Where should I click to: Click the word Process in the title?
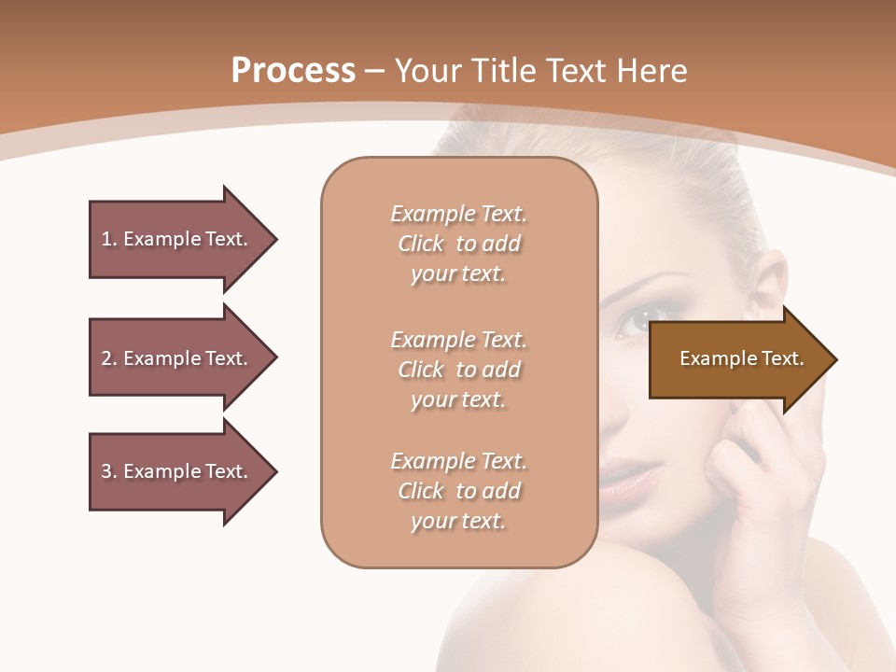click(293, 71)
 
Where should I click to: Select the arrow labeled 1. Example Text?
click(175, 239)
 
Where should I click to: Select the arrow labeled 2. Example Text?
click(175, 358)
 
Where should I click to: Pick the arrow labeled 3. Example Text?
click(175, 471)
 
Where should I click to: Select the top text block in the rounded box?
click(458, 244)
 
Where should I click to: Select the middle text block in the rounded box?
click(458, 369)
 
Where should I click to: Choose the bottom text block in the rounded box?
click(458, 491)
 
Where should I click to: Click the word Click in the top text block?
click(421, 244)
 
